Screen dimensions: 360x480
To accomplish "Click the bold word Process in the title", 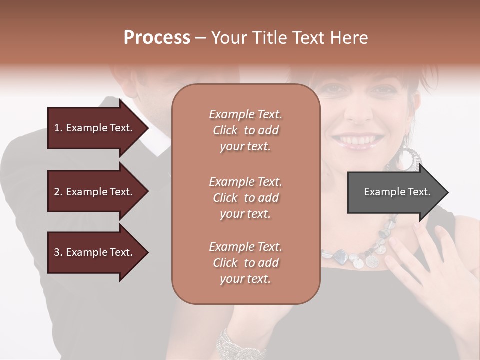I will (157, 38).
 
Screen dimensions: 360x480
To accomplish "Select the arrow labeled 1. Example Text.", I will (95, 128).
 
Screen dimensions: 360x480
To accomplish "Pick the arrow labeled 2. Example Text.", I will (95, 192).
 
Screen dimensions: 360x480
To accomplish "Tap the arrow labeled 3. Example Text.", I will (95, 252).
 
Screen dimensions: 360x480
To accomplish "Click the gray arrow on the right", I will (395, 192).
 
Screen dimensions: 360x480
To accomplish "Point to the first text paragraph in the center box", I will (245, 130).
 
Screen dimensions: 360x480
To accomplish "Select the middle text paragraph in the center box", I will (245, 198).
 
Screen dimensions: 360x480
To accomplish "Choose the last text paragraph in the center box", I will (245, 263).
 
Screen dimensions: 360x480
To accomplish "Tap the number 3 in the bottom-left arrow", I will (57, 252).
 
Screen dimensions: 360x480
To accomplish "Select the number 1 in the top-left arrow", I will (57, 128).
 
